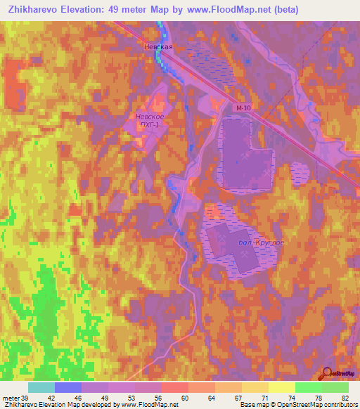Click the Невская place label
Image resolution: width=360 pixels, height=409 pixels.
(158, 46)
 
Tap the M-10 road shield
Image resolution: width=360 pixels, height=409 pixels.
(243, 108)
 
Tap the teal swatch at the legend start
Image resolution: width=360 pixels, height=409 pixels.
(41, 387)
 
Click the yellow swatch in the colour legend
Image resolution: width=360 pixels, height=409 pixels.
(282, 387)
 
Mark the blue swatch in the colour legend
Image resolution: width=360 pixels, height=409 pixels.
(68, 387)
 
